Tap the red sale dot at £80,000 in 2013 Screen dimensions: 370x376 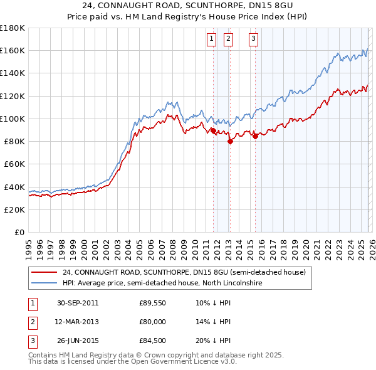coord(230,141)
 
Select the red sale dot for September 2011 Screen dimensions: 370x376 coord(214,130)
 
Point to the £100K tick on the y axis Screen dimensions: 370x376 coord(13,119)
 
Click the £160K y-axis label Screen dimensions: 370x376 coord(13,50)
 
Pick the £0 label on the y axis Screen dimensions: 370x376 coord(19,232)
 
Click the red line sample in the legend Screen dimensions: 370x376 coord(44,273)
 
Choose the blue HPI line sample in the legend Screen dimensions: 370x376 coord(44,283)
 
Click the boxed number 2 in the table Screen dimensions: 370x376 coord(31,322)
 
